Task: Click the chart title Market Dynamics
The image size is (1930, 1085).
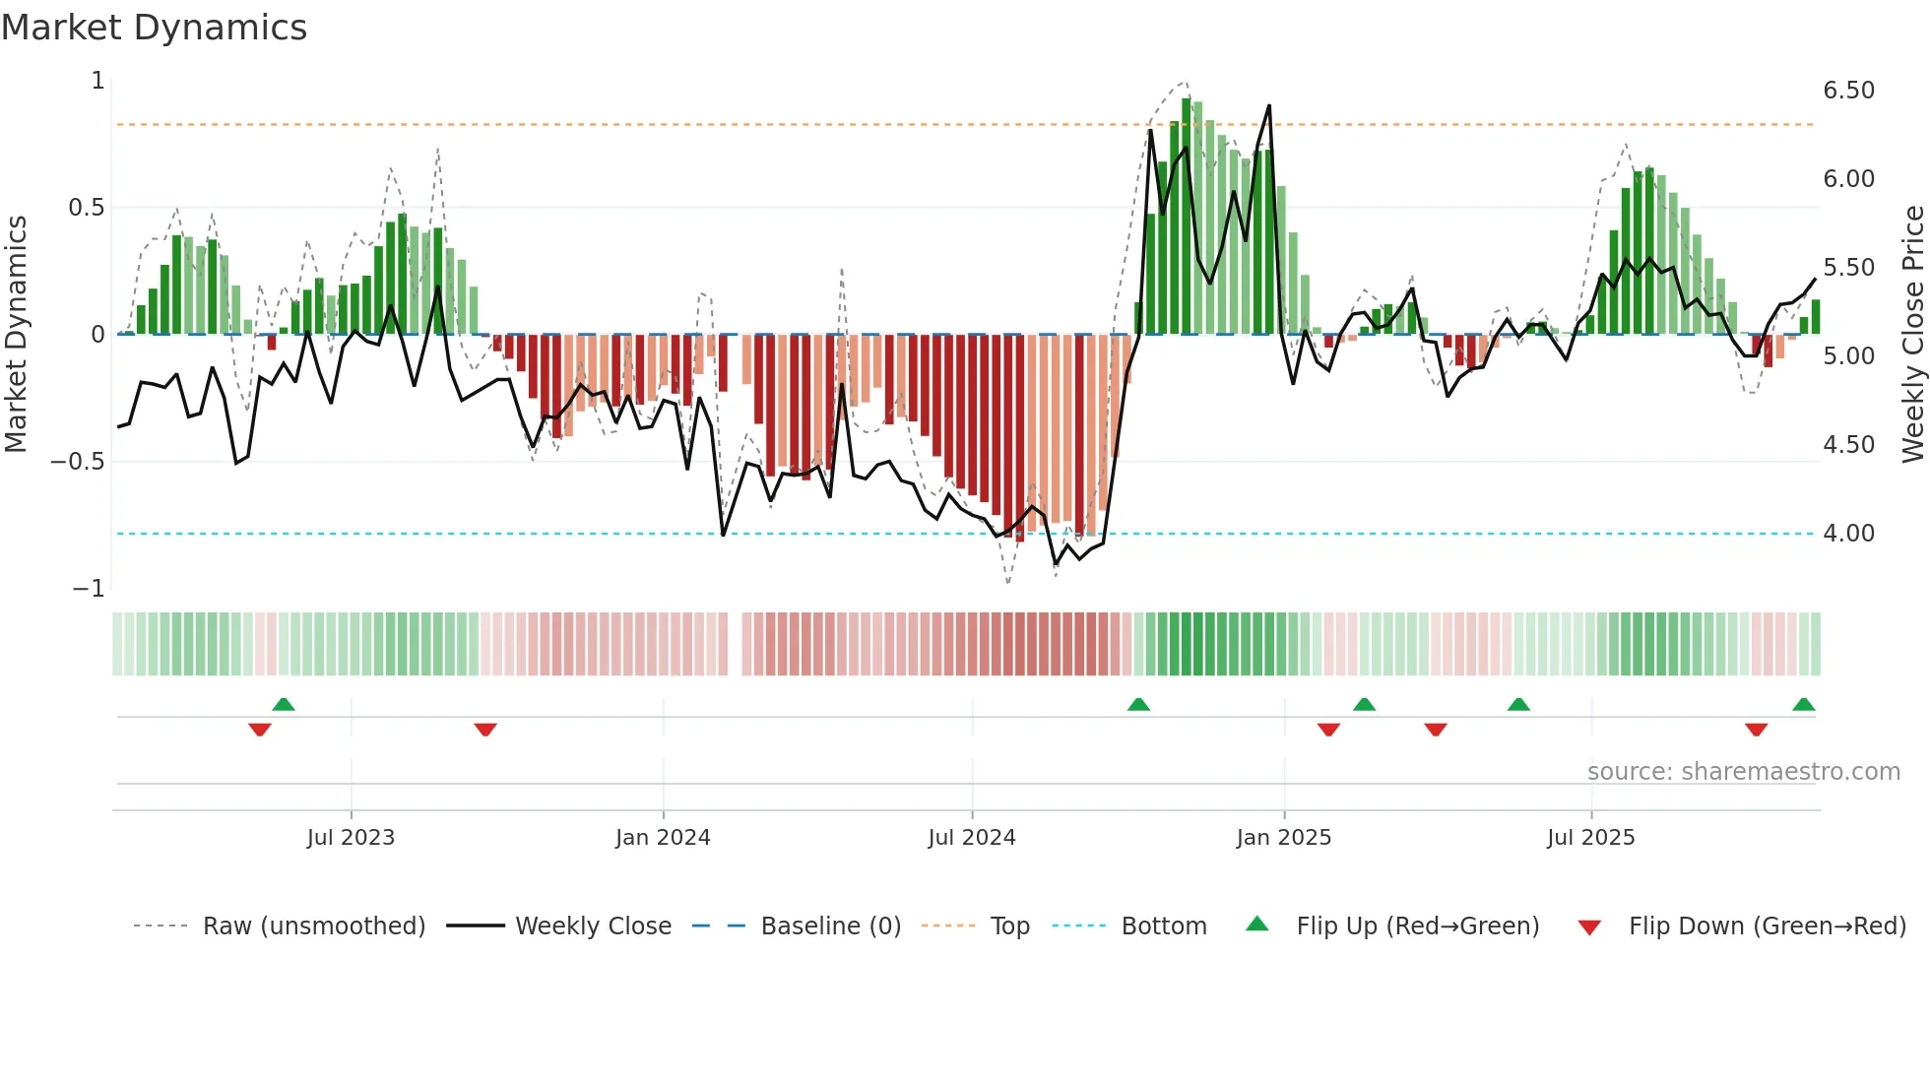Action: [x=155, y=28]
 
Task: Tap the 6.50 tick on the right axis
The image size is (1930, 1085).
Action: [x=1848, y=91]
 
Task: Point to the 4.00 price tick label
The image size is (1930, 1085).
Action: [x=1848, y=534]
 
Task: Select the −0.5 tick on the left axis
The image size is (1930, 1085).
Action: [x=77, y=462]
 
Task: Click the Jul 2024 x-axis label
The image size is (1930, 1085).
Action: [x=971, y=838]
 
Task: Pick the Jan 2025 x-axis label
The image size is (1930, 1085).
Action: [x=1283, y=838]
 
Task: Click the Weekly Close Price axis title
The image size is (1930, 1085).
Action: [x=1912, y=334]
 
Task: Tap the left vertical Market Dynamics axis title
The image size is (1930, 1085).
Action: [x=16, y=334]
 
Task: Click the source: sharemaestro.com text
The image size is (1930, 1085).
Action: [x=1743, y=772]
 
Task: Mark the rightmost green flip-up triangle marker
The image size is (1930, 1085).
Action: [x=1803, y=705]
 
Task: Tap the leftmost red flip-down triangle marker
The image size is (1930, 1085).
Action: [x=260, y=730]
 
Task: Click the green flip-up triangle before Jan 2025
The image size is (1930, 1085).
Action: [x=1138, y=705]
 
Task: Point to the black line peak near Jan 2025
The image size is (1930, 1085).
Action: [x=1269, y=105]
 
